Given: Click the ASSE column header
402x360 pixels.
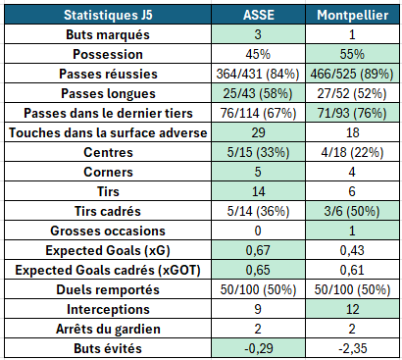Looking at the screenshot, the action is pos(258,15).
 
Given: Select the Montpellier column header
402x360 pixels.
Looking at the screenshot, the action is pos(352,15).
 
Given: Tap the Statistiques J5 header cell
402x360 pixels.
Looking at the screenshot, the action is pos(108,15).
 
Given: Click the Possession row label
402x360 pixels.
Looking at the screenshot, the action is pos(108,54).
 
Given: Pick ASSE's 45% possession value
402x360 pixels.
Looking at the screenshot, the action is pos(258,54).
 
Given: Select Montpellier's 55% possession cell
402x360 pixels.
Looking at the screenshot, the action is pos(352,54).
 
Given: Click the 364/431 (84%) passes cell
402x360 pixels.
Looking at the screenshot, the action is pos(258,74).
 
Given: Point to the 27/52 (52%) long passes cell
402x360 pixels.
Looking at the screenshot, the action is pos(352,93).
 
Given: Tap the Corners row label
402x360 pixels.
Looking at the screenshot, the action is pos(108,172).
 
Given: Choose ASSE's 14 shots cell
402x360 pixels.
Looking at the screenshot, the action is pos(258,191).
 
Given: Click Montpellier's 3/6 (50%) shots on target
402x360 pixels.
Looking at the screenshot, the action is pos(352,211).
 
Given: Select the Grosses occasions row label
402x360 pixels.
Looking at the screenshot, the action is pos(108,231).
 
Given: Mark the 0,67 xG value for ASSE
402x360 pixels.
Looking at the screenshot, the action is pos(258,250).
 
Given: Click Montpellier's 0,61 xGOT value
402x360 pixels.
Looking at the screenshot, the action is pos(352,270).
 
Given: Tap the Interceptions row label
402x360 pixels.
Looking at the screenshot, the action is pos(108,309).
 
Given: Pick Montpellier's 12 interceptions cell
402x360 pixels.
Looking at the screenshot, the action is pos(352,309).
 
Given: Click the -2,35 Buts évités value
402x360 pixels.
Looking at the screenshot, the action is pos(353,348).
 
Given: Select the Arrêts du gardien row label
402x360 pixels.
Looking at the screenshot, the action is pos(108,329).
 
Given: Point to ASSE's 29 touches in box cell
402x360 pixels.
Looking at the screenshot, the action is pos(258,132).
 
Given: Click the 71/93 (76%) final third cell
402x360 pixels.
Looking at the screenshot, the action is pos(352,113).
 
